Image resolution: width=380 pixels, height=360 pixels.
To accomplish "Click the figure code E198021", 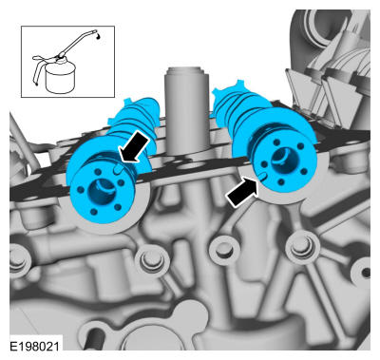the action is [34, 346].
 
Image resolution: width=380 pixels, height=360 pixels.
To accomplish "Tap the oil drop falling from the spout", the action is [100, 37].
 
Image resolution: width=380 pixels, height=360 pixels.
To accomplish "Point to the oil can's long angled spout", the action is [79, 43].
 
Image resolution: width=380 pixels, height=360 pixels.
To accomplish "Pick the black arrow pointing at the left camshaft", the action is [133, 147].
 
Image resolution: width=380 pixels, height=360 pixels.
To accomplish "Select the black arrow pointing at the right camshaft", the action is [242, 192].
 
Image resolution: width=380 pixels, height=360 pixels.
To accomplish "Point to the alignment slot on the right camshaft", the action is [262, 177].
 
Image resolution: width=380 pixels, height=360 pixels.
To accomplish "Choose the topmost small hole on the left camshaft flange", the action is [97, 171].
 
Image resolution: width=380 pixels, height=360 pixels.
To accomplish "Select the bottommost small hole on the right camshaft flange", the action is [280, 182].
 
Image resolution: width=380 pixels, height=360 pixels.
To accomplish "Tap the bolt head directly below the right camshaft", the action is [301, 245].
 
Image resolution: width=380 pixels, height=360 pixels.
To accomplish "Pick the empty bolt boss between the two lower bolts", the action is [224, 249].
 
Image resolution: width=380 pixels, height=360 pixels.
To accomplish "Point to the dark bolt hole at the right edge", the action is [366, 273].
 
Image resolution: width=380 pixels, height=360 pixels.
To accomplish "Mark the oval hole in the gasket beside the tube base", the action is [188, 165].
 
